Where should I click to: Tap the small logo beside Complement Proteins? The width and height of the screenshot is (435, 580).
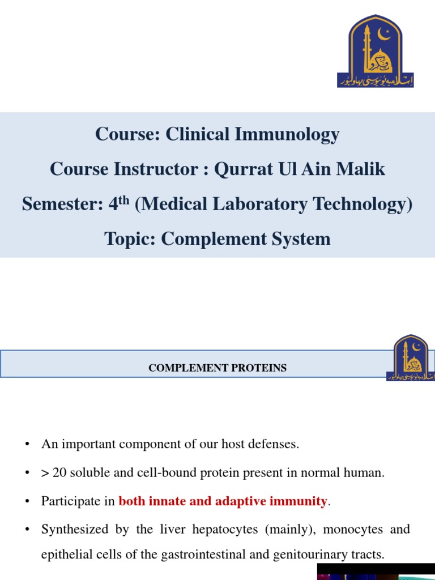tap(411, 358)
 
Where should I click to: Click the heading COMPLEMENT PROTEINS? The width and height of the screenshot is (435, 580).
tap(217, 368)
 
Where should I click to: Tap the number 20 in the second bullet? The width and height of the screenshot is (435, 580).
tap(59, 473)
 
